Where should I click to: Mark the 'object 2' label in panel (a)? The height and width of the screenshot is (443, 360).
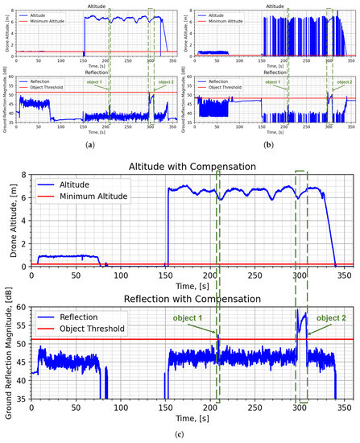point(164,82)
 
